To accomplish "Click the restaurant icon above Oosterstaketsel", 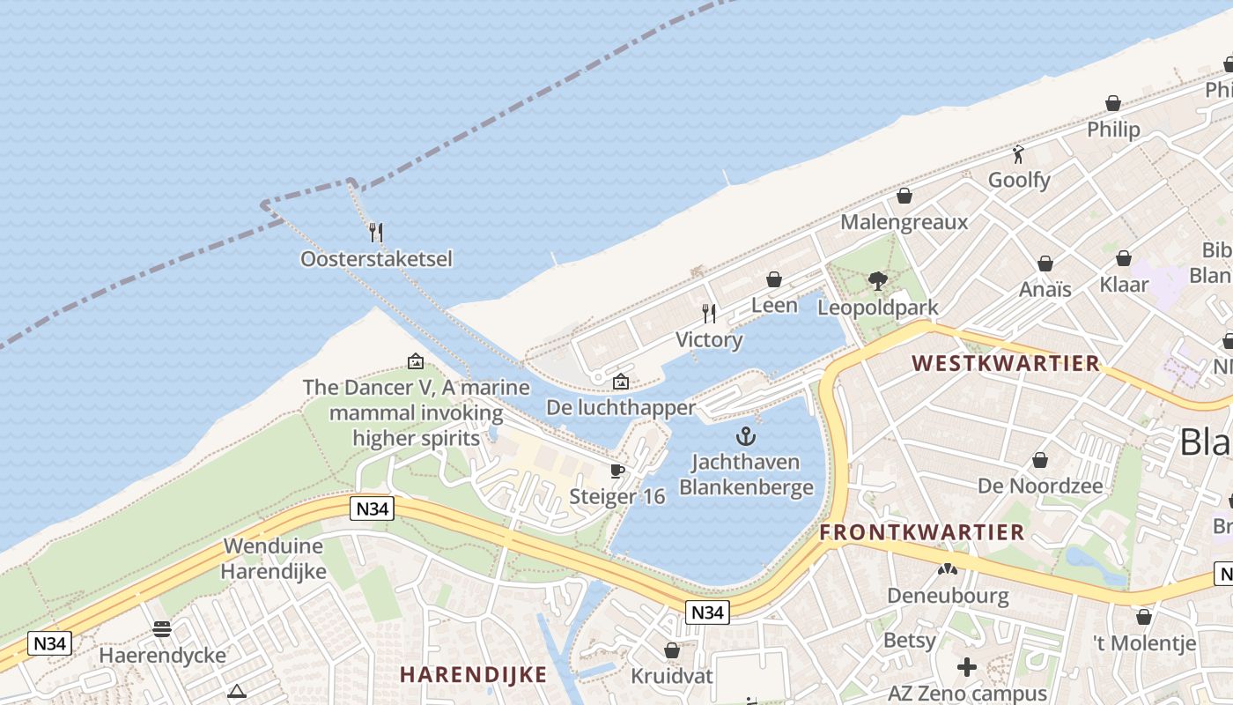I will (x=376, y=232).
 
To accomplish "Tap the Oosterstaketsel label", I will (x=376, y=259).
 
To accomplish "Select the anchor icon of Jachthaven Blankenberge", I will (x=746, y=436).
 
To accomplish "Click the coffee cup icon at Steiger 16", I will (x=617, y=471).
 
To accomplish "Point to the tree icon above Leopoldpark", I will (x=877, y=281).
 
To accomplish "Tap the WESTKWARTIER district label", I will (x=1006, y=363).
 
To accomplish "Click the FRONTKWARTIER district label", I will (x=922, y=532).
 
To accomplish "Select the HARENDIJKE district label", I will (x=473, y=675).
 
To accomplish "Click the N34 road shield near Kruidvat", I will (x=708, y=612).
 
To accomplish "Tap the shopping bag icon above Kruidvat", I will (x=672, y=650).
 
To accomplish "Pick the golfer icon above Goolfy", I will (x=1019, y=154).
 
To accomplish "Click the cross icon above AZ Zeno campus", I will (x=967, y=666).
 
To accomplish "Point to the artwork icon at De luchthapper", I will (x=621, y=382).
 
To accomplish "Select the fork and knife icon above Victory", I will (x=709, y=313).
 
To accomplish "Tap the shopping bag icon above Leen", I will (x=774, y=279).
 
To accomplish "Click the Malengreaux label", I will (x=904, y=221).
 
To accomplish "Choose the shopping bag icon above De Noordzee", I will (x=1040, y=460).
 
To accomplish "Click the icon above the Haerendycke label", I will (x=162, y=628).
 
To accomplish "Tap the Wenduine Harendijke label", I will (x=274, y=558).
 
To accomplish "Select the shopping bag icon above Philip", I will (x=1113, y=103).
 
